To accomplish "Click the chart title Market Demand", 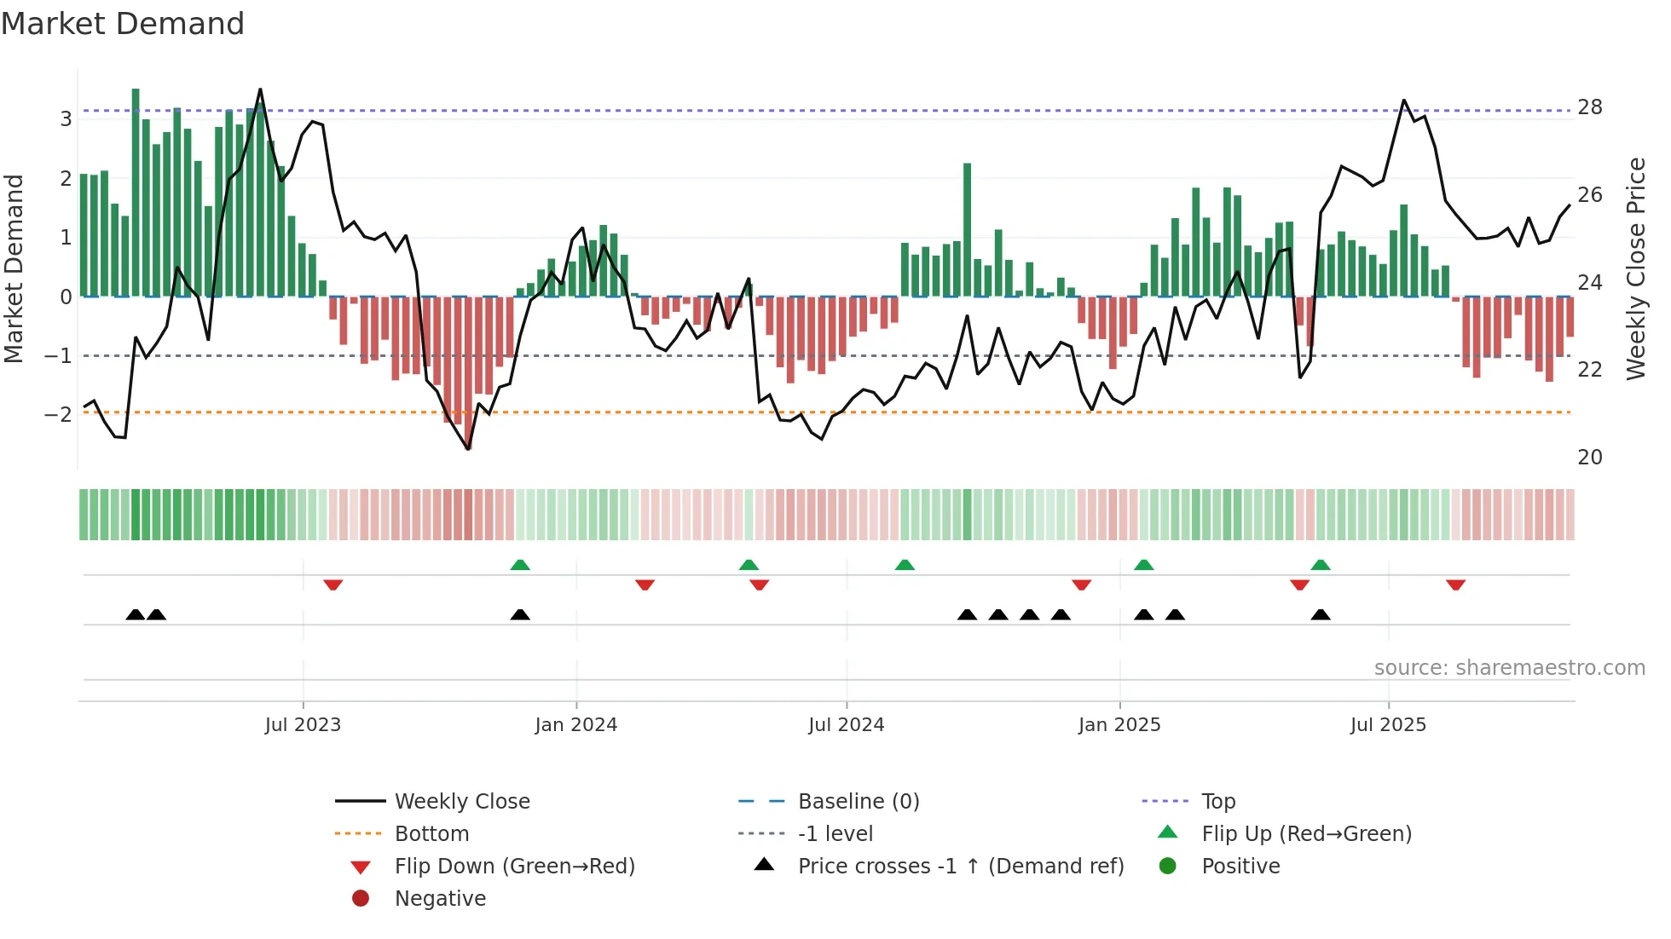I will pyautogui.click(x=123, y=24).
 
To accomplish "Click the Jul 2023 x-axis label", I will pyautogui.click(x=303, y=725).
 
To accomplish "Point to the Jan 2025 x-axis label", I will pyautogui.click(x=1119, y=725).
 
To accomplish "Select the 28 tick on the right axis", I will pyautogui.click(x=1590, y=107).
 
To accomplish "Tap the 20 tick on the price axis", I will pyautogui.click(x=1590, y=458).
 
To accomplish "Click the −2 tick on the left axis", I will pyautogui.click(x=58, y=415).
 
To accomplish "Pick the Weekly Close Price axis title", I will pyautogui.click(x=1636, y=268).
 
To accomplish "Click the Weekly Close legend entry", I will pyautogui.click(x=461, y=802).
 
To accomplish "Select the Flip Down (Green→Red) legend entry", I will pyautogui.click(x=514, y=867).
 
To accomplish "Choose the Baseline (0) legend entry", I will pyautogui.click(x=858, y=802).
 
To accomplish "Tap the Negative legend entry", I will pyautogui.click(x=440, y=899).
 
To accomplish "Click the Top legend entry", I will pyautogui.click(x=1217, y=802).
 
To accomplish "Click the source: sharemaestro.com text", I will pyautogui.click(x=1509, y=668).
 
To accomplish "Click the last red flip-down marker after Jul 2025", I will pyautogui.click(x=1455, y=585).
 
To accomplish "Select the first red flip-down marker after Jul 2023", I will pyautogui.click(x=333, y=585).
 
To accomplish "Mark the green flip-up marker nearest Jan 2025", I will pyautogui.click(x=1144, y=565).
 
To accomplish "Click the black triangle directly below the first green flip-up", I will pyautogui.click(x=520, y=614).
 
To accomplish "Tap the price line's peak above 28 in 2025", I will pyautogui.click(x=1404, y=101).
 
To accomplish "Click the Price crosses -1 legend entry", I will pyautogui.click(x=960, y=867).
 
